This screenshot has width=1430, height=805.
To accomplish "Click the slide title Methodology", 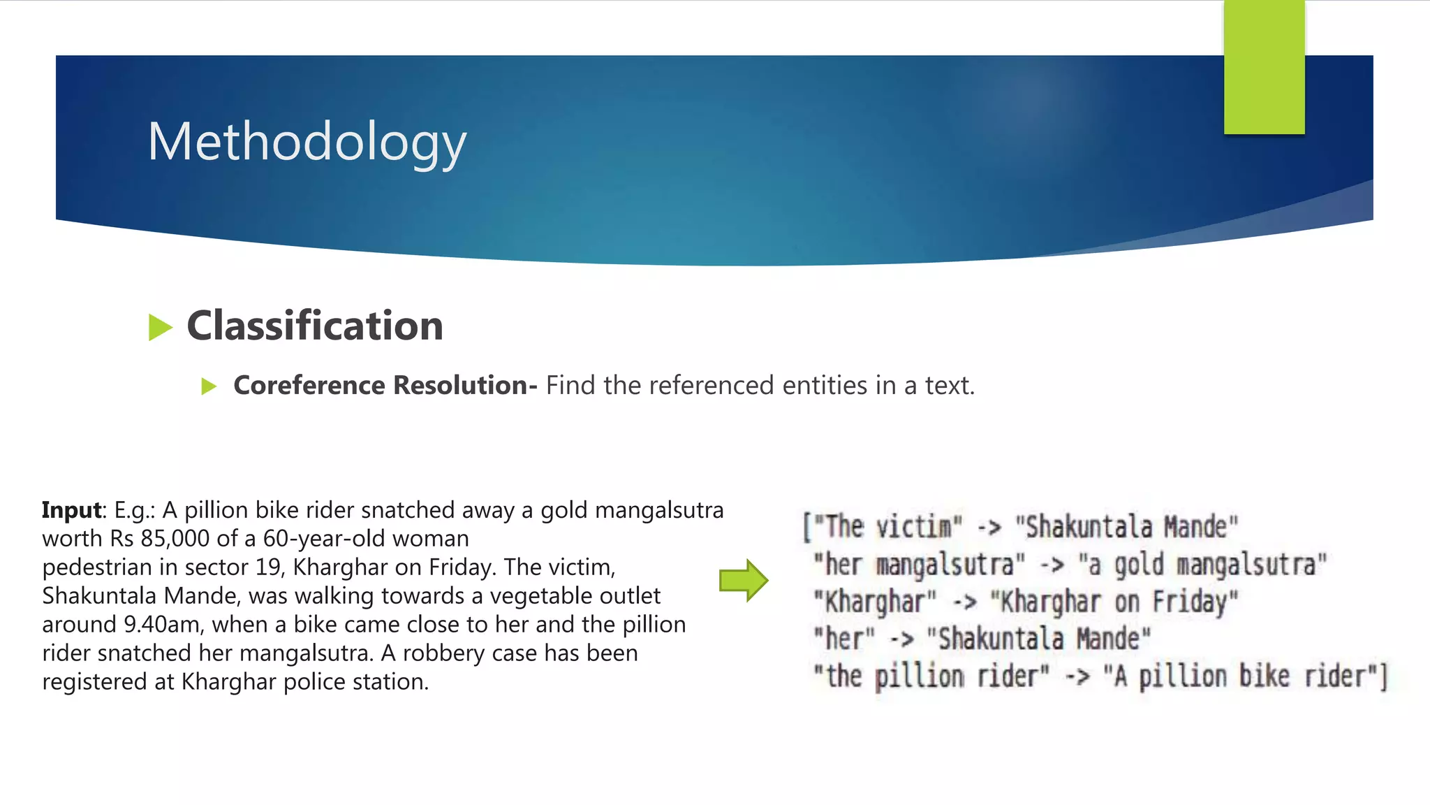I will click(307, 142).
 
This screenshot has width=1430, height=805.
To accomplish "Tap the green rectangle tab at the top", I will click(1264, 67).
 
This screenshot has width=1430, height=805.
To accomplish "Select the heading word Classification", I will click(315, 326).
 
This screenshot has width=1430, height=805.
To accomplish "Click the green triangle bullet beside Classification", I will click(160, 327).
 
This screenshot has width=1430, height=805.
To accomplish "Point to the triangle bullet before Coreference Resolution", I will click(209, 386).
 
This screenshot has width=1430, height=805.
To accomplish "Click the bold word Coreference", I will click(309, 386).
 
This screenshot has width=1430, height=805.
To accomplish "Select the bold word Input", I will click(72, 510).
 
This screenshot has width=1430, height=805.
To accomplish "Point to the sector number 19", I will click(268, 567).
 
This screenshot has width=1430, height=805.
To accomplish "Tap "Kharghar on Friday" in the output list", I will click(1114, 602).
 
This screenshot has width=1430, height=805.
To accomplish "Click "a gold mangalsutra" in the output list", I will click(1202, 565).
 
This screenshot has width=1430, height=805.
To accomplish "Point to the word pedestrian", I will click(97, 567).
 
